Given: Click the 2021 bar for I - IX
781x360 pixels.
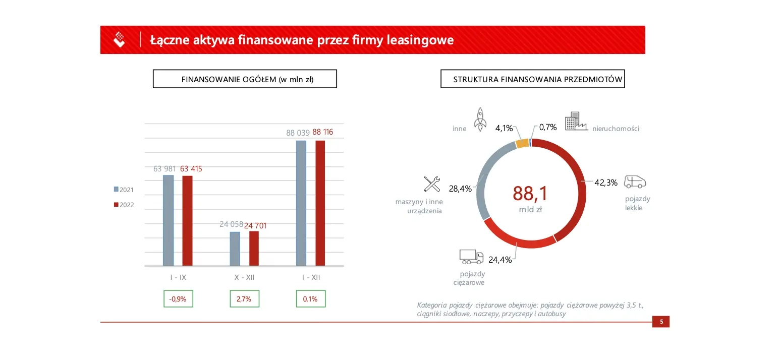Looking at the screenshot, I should [169, 220].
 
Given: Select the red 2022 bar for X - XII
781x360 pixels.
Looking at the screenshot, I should [254, 248].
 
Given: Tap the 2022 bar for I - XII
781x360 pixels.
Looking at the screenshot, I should [320, 203].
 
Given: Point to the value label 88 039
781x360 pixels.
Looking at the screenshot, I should [297, 133].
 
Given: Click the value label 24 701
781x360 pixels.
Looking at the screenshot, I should [255, 225].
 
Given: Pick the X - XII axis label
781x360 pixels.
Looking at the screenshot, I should [245, 277].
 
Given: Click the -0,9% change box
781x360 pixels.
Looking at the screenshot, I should [178, 298].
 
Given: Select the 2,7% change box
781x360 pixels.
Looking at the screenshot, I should [245, 298].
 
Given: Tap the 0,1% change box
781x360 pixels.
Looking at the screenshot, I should [310, 298].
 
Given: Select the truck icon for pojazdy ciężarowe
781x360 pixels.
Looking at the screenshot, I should [471, 257].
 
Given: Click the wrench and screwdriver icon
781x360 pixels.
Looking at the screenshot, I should [432, 184].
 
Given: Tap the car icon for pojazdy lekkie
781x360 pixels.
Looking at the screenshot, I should [635, 182].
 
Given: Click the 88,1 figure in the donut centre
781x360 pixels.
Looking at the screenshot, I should [530, 194].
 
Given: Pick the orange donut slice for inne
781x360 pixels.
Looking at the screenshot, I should [522, 143].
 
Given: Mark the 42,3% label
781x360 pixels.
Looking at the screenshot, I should [605, 183].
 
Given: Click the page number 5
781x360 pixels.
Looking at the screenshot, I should [661, 322].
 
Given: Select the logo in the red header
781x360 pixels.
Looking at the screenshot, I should [120, 39].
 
